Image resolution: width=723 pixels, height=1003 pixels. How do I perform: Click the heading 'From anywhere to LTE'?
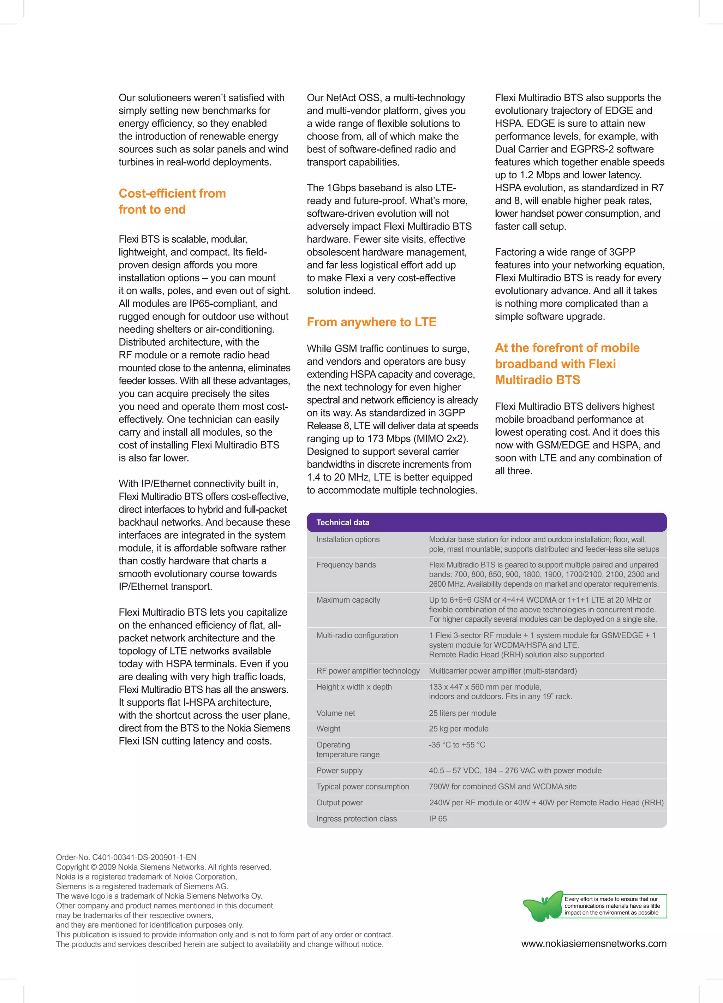pos(371,322)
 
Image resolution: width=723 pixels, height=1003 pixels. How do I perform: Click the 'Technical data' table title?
pos(343,522)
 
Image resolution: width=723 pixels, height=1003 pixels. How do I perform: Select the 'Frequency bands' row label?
pos(346,565)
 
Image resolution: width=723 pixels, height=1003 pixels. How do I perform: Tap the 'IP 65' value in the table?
pos(438,819)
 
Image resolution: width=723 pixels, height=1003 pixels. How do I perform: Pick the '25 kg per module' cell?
pos(459,728)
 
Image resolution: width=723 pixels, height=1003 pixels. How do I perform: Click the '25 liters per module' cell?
pos(462,713)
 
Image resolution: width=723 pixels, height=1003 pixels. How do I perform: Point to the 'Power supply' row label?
pos(339,770)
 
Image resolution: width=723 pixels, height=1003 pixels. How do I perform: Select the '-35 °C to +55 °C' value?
pos(457,745)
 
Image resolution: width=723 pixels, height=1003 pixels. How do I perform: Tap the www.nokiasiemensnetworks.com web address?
pos(594,943)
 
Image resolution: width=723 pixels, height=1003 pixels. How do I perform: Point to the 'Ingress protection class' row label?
pos(357,819)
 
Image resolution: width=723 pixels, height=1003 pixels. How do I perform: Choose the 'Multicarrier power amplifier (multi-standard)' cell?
pos(503,671)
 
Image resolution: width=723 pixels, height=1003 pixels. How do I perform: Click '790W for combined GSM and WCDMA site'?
pos(502,786)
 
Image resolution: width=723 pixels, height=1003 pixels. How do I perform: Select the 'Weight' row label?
pos(328,728)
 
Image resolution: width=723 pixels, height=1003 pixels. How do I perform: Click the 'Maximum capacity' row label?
pos(348,600)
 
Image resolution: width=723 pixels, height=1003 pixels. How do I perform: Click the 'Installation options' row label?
pos(348,539)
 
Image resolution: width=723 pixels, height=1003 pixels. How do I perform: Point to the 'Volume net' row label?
pos(336,713)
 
